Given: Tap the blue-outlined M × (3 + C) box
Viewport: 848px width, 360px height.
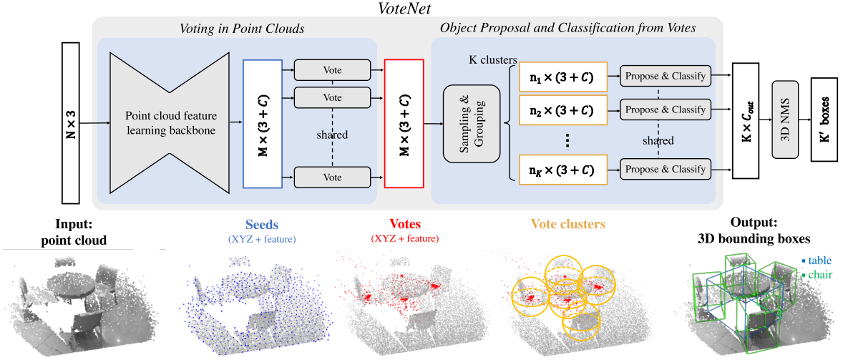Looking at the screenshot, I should [264, 123].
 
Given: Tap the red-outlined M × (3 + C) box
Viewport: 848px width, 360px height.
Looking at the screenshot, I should [404, 123].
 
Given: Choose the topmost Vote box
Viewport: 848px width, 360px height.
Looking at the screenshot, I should [332, 70].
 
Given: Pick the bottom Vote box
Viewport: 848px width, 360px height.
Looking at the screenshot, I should [332, 176].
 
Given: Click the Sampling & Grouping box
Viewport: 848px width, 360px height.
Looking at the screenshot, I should [470, 123].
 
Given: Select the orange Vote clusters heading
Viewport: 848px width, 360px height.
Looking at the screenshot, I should [569, 223].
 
